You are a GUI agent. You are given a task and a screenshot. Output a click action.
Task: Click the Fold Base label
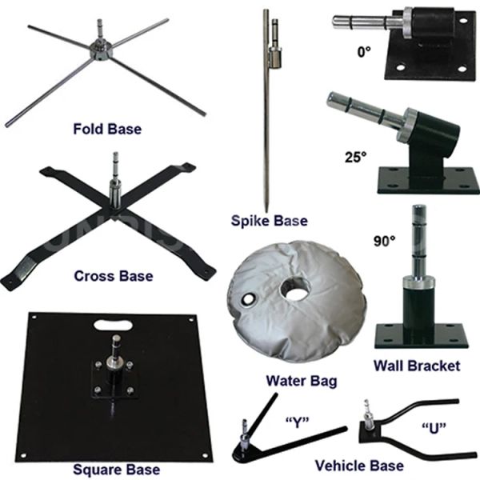(x=107, y=129)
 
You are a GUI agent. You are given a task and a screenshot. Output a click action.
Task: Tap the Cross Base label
(x=114, y=276)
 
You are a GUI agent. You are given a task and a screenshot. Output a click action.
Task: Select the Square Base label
(x=116, y=470)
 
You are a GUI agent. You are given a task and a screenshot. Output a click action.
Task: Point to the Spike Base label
(x=270, y=221)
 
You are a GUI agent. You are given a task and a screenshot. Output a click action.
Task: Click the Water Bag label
(x=302, y=381)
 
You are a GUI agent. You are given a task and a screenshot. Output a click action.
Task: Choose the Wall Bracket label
(x=417, y=366)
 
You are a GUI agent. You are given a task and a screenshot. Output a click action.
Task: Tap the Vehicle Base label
(x=359, y=466)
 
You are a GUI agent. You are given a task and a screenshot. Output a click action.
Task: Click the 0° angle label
(x=364, y=52)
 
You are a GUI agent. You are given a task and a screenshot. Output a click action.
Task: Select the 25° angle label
(x=356, y=158)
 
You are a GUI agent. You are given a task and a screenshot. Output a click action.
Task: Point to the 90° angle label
(x=385, y=242)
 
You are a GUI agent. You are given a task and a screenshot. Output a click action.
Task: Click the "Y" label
(x=298, y=422)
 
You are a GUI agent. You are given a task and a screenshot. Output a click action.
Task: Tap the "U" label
(x=434, y=428)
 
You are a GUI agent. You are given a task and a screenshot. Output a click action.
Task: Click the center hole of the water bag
(x=295, y=289)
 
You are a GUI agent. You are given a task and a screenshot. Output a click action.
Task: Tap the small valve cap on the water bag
(x=248, y=299)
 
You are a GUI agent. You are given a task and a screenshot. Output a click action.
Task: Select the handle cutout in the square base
(x=113, y=325)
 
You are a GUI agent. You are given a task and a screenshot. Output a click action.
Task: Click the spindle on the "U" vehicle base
(x=366, y=412)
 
